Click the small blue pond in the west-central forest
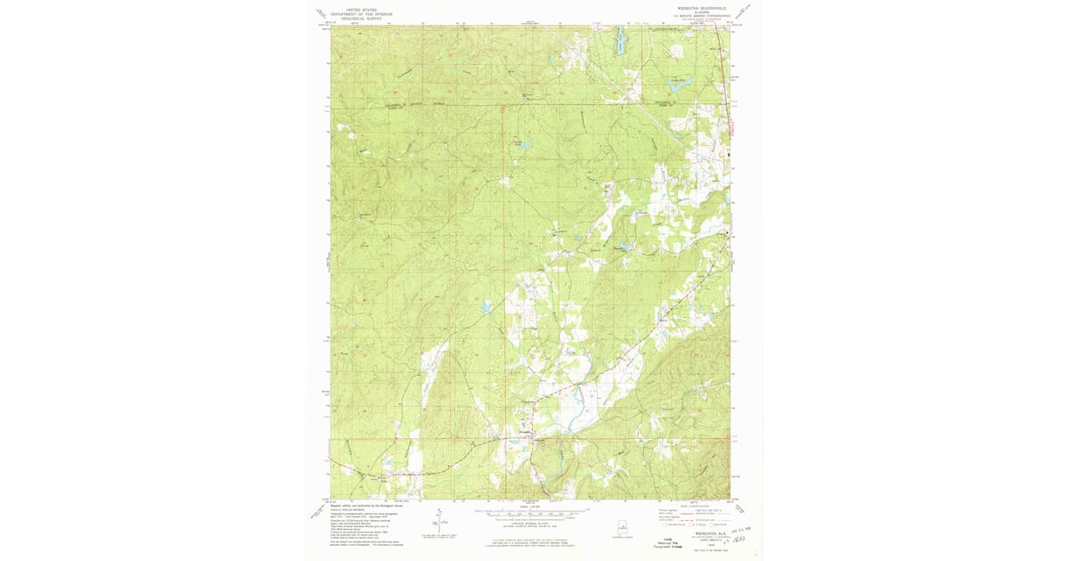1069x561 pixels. click(x=486, y=307)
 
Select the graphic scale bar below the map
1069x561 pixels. click(x=531, y=512)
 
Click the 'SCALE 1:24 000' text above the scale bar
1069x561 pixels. click(x=531, y=504)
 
